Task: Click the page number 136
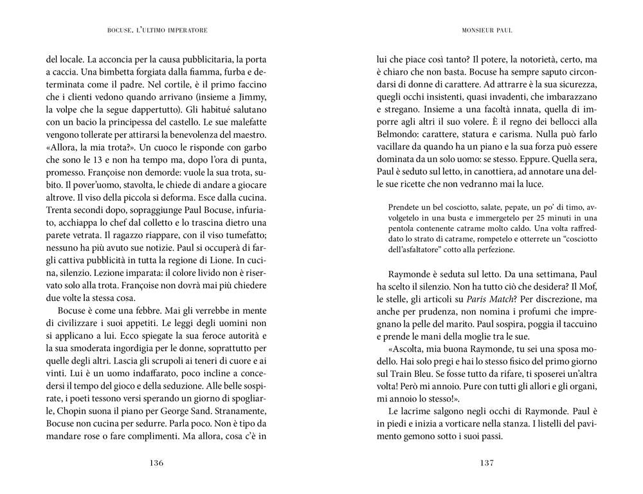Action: tap(156, 462)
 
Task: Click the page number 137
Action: tap(486, 462)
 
